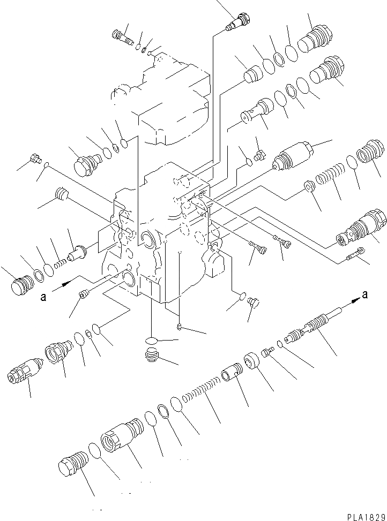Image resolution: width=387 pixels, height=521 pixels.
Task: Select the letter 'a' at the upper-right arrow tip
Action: pos(365,293)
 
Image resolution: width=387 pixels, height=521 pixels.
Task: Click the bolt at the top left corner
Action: pos(121,36)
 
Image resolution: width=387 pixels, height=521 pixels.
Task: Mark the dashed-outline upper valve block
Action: pos(161,99)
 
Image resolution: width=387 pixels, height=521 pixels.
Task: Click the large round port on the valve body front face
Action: pos(146,238)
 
